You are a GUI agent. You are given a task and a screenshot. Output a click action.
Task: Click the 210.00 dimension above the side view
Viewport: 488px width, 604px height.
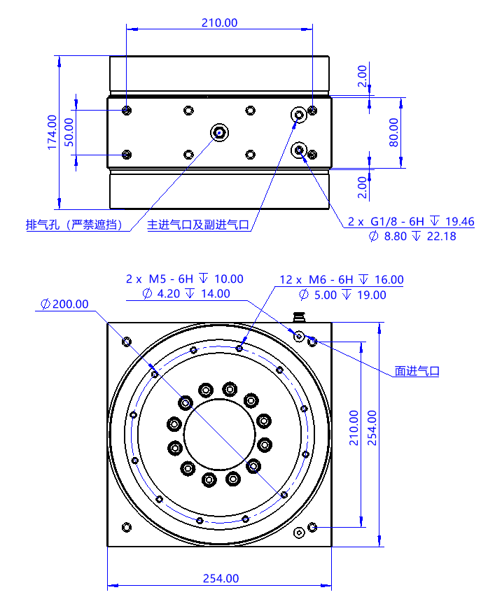(x=219, y=22)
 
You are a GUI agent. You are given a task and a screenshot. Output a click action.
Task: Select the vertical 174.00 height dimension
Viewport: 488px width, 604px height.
(x=51, y=132)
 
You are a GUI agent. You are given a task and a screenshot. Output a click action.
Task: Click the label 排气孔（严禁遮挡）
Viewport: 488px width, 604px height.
(x=74, y=225)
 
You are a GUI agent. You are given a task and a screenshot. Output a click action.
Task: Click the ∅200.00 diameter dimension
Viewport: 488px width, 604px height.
(x=64, y=304)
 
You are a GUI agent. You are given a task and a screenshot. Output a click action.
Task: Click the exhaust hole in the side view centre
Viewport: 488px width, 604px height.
(x=219, y=132)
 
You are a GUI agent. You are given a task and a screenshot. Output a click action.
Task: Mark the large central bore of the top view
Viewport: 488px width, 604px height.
(x=219, y=435)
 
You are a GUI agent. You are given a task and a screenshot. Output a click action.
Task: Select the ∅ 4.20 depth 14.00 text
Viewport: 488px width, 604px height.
(x=185, y=295)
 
